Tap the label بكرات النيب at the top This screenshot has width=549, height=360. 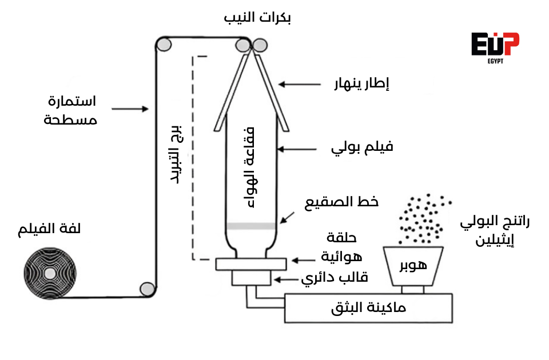pos(257,18)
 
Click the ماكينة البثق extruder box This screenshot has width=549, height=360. pos(369,308)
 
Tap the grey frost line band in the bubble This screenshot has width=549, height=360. pos(252,226)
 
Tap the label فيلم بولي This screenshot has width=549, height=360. pos(363,147)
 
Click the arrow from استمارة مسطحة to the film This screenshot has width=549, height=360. pos(130,108)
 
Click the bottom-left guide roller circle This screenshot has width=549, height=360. pos(148,289)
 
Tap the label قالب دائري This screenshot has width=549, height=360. pos(335,278)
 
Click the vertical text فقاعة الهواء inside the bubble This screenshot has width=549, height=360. pos(250,166)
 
